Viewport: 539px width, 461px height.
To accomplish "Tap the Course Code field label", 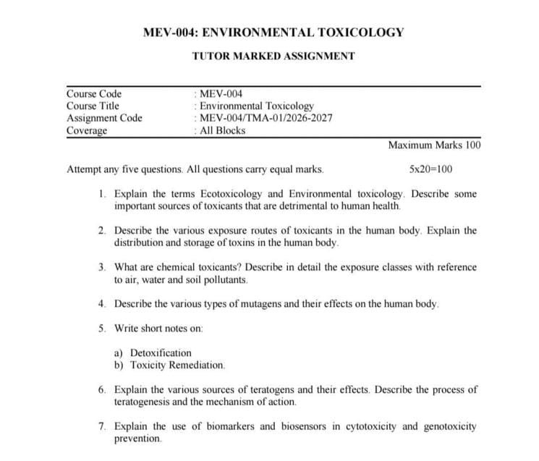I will pos(94,93).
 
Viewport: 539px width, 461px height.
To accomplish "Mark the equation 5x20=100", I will pos(430,169).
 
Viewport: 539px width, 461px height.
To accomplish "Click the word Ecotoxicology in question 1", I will pos(241,194).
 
